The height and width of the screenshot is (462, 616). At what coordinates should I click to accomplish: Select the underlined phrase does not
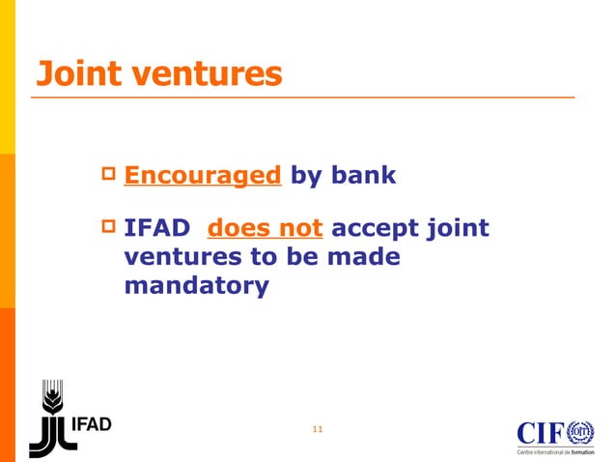click(x=266, y=230)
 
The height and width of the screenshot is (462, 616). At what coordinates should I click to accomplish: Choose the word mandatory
click(x=196, y=287)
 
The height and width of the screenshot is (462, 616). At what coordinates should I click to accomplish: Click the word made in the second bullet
click(x=365, y=259)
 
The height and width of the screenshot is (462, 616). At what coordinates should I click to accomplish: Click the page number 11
click(x=318, y=428)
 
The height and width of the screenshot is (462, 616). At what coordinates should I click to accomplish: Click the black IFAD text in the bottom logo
click(x=94, y=424)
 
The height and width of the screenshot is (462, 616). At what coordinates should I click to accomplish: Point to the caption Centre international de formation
click(x=555, y=451)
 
